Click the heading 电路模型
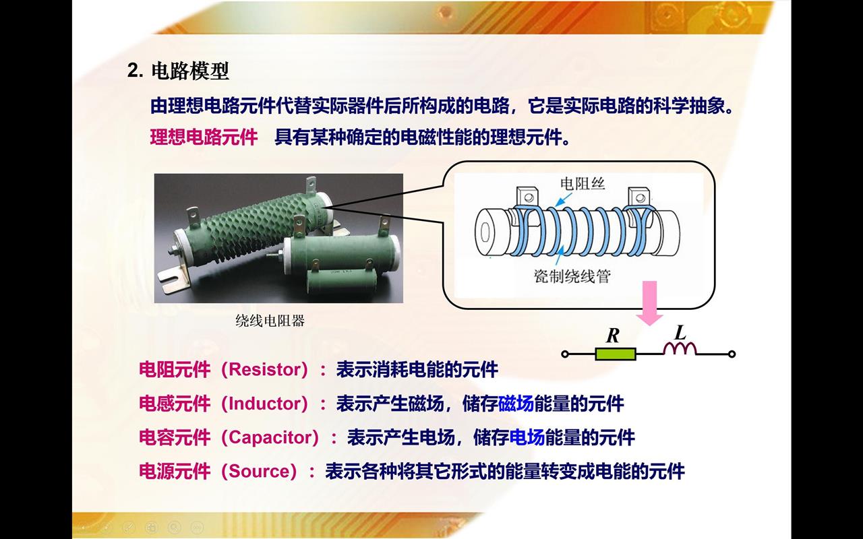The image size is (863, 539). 190,71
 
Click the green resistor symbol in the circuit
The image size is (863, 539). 616,354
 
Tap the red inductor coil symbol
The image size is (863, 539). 680,348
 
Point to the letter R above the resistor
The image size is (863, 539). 613,336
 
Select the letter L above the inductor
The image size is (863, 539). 680,332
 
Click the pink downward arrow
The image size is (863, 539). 649,303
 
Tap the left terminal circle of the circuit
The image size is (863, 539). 565,354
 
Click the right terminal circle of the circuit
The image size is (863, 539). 732,354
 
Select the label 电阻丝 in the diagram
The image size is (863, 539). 583,184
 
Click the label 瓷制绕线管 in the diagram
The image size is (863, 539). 572,276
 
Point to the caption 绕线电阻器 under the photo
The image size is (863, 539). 270,320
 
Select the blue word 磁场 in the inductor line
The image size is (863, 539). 516,404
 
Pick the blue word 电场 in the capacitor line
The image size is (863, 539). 527,437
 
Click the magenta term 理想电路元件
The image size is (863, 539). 204,137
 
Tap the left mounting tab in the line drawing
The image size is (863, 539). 527,197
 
